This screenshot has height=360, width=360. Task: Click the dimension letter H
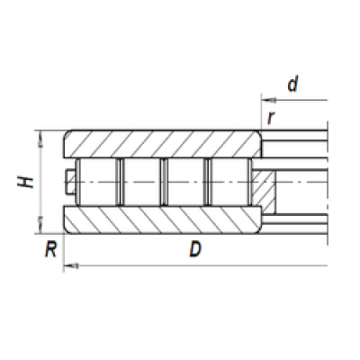pos(25,182)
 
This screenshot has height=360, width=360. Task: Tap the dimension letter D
pos(195,249)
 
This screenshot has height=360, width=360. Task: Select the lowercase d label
pos(293,84)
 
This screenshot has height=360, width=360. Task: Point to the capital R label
pos(50,249)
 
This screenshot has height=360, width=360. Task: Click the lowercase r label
pos(271,117)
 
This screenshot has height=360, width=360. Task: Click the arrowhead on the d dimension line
pos(269,100)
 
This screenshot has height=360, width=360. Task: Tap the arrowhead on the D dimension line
pos(71,265)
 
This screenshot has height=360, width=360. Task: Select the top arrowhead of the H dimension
pos(40,139)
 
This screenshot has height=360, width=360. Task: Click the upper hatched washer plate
pos(162,144)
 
